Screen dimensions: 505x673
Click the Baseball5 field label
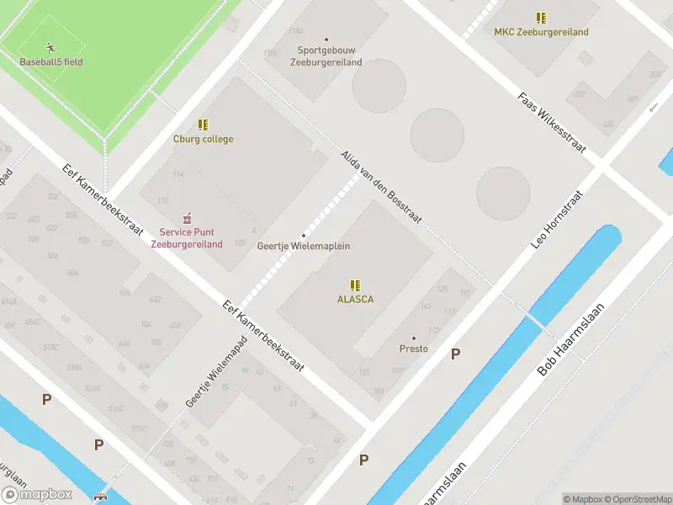(51, 61)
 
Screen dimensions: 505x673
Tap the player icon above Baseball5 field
(51, 47)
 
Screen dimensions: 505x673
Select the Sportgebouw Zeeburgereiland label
(326, 56)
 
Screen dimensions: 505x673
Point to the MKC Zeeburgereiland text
(540, 33)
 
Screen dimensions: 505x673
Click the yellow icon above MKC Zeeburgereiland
(541, 18)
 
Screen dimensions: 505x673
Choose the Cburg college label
(203, 139)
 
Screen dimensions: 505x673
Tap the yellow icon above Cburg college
(203, 125)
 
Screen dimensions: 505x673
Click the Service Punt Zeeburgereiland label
(186, 238)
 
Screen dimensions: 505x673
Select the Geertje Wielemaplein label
(303, 246)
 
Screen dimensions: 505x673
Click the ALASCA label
(355, 299)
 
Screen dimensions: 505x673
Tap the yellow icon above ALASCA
(355, 284)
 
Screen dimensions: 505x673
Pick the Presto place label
(413, 348)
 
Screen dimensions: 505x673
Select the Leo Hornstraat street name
(557, 219)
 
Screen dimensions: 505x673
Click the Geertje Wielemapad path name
(204, 377)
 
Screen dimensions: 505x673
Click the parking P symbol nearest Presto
(456, 354)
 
